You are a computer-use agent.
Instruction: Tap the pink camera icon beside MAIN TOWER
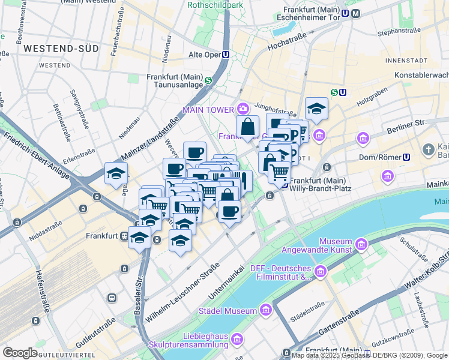tap(243, 109)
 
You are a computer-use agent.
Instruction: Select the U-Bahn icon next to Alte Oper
tap(225, 54)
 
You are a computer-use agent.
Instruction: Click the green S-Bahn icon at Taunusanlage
tap(208, 81)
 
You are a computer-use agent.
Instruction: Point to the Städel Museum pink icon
tap(265, 310)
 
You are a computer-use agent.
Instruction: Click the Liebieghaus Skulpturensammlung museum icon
tap(237, 340)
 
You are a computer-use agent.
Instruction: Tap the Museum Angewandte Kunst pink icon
tap(361, 244)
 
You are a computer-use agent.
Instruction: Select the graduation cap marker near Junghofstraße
tap(316, 109)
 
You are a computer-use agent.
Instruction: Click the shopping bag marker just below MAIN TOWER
tap(247, 127)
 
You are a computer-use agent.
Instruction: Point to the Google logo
tap(20, 353)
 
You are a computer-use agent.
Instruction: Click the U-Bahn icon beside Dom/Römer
tap(406, 157)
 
